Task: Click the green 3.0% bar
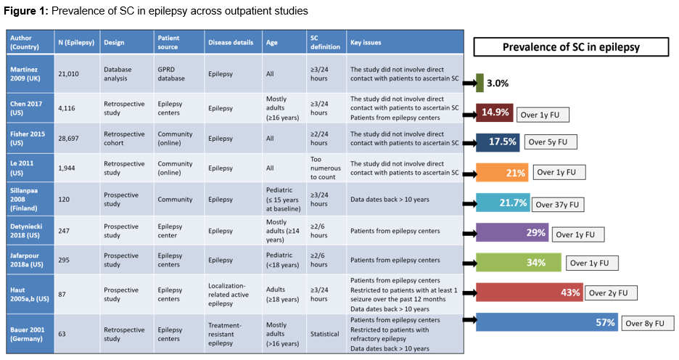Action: point(480,83)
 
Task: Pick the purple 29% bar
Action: point(512,232)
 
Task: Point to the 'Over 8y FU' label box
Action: point(648,323)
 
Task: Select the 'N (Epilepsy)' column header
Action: point(76,42)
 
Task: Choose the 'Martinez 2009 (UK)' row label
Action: point(28,74)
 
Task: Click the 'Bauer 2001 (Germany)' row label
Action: point(28,335)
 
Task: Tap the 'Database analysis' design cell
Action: point(118,74)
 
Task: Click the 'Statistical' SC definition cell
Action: point(325,335)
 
